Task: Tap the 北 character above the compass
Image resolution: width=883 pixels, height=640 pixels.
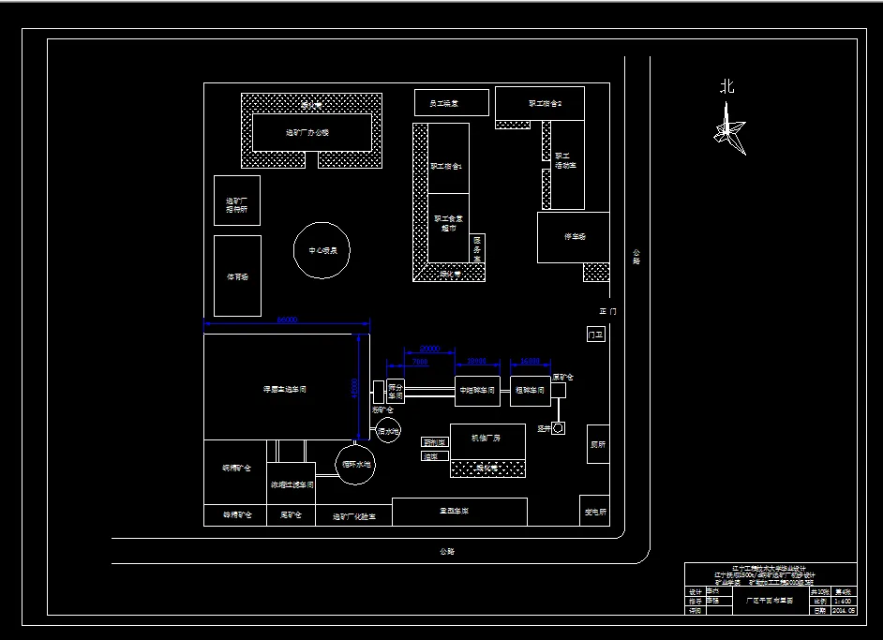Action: coord(726,87)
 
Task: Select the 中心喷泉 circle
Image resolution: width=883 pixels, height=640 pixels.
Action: coord(322,250)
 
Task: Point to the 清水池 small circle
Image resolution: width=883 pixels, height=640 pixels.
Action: coord(388,431)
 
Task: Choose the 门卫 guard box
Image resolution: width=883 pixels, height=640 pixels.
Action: coord(595,335)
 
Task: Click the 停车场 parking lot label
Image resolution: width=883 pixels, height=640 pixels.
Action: coord(574,237)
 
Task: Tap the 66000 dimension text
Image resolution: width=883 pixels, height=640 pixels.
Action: coord(287,320)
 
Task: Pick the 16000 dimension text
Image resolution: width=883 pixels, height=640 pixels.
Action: coord(531,361)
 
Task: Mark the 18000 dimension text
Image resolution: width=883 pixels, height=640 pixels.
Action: coord(477,361)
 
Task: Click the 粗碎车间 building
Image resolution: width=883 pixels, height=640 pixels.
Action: coord(530,390)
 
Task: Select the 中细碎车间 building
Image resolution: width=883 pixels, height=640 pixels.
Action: coord(477,390)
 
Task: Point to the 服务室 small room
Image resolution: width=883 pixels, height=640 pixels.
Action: coord(477,247)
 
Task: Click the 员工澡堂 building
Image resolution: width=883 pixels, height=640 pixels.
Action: coord(451,102)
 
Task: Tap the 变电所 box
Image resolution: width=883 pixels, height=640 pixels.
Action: coord(595,512)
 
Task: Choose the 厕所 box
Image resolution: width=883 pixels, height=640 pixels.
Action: coord(598,444)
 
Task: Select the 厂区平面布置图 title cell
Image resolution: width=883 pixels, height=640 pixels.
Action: coord(769,601)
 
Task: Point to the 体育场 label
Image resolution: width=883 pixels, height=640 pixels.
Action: coord(237,276)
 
